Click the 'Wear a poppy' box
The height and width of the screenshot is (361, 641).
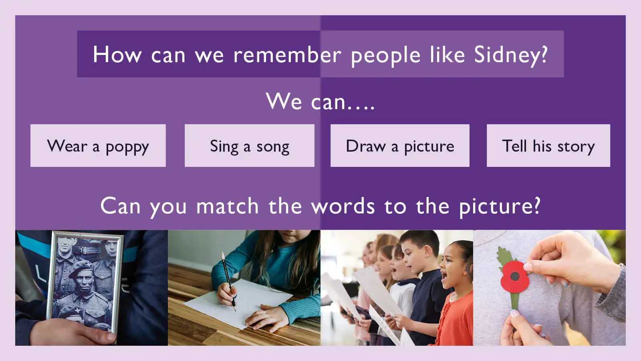98,146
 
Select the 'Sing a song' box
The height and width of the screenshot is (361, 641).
249,146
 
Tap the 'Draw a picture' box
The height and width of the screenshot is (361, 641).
400,146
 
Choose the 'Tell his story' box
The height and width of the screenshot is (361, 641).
548,146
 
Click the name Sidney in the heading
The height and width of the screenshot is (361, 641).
510,55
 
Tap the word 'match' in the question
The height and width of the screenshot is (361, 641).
227,206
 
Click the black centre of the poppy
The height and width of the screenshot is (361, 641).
515,276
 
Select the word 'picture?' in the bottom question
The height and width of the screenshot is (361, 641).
499,206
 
